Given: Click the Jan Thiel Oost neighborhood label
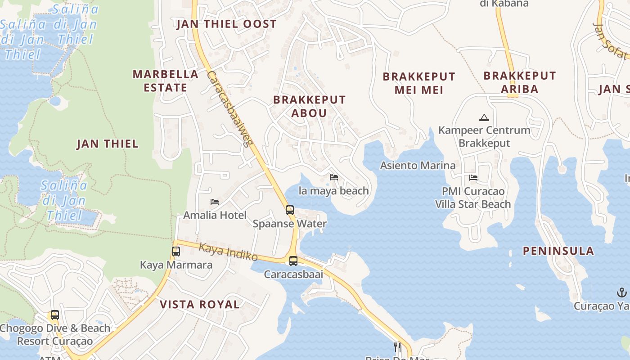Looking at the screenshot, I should click(x=226, y=24).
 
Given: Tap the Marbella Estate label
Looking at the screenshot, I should click(x=165, y=81).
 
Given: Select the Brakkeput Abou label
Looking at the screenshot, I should click(x=309, y=106).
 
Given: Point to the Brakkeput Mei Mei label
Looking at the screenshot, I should click(x=419, y=83).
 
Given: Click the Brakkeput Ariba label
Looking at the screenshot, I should click(x=520, y=82).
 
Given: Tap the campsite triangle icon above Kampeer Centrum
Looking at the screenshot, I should click(x=484, y=118).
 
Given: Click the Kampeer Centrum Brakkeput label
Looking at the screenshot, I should click(x=484, y=137).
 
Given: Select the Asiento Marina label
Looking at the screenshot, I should click(x=418, y=166).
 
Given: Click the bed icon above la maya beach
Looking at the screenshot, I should click(x=334, y=177).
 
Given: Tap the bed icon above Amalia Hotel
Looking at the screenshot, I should click(x=215, y=202).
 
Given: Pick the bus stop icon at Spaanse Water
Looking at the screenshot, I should click(x=290, y=210).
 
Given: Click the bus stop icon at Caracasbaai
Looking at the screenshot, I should click(x=293, y=261).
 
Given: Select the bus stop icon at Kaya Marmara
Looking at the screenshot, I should click(x=176, y=252).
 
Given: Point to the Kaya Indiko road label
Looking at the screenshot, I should click(x=228, y=252).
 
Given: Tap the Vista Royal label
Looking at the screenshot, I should click(x=200, y=305).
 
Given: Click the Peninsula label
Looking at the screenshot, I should click(x=558, y=251).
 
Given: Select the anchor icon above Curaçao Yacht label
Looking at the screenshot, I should click(x=621, y=293).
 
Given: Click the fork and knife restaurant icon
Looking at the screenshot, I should click(x=397, y=347).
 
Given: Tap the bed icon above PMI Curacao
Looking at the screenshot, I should click(x=473, y=178).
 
